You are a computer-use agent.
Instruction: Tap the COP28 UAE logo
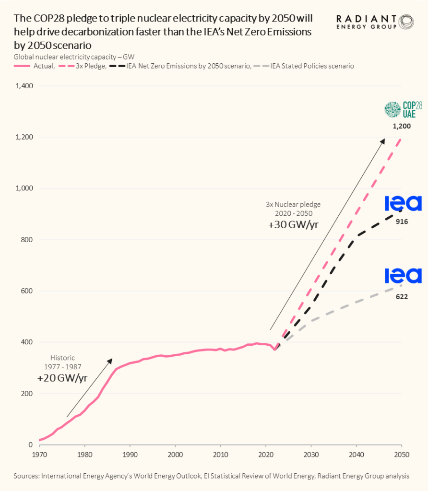[403, 110]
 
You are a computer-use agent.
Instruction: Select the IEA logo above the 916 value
[403, 204]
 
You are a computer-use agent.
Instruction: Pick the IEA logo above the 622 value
[403, 276]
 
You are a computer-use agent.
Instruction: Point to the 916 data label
[402, 222]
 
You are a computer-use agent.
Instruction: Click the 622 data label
[402, 297]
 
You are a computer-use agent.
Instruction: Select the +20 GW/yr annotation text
[62, 378]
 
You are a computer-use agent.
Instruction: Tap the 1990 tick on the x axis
[130, 454]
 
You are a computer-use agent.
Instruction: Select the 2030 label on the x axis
[311, 454]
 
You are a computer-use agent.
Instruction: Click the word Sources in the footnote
[26, 476]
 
